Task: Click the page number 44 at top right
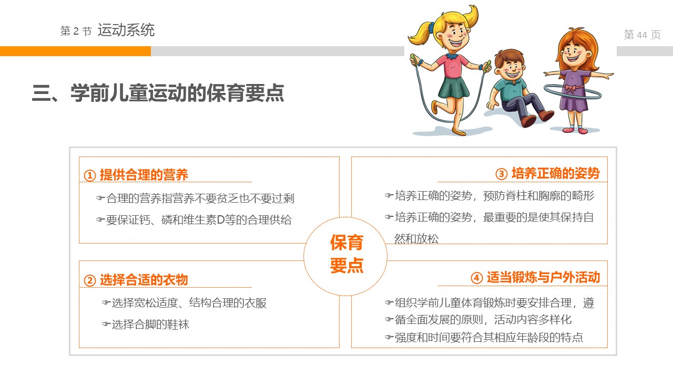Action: (642, 35)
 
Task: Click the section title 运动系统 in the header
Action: (126, 30)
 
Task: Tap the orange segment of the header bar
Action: (75, 51)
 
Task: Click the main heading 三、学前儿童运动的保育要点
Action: (158, 93)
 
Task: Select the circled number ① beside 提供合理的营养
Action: (89, 175)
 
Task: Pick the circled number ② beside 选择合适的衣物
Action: (89, 280)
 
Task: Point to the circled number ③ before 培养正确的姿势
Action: (501, 174)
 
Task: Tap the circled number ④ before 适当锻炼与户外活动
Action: (476, 278)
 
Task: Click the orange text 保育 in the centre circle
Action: (346, 243)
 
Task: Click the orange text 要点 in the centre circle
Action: (346, 265)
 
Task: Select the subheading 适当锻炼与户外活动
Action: (544, 277)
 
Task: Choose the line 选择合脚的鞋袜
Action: (150, 324)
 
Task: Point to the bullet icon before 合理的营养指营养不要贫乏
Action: (100, 198)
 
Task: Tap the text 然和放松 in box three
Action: (416, 239)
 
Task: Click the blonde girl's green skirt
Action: (454, 88)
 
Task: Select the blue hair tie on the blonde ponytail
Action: (431, 28)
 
